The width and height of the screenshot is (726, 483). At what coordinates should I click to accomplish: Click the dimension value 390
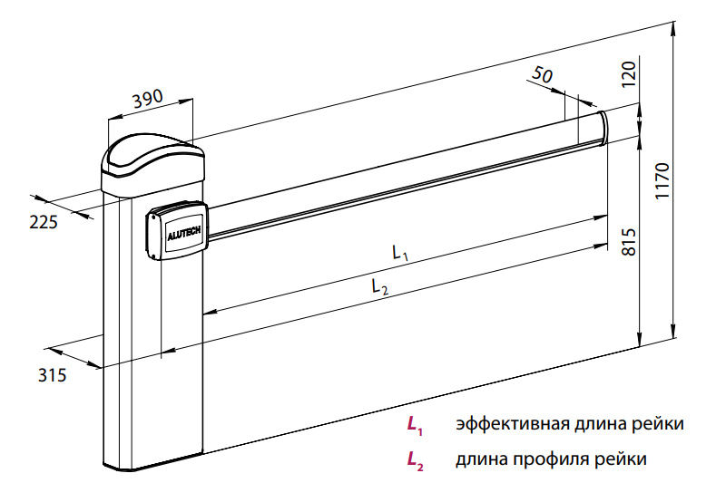click(148, 101)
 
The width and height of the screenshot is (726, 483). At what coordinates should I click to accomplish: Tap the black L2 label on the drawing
click(380, 286)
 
